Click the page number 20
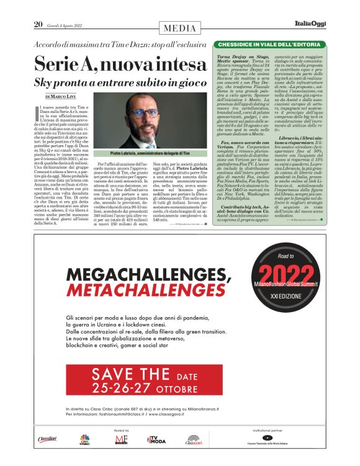[38, 24]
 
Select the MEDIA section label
[180, 28]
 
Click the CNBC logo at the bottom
[84, 441]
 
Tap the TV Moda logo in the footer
[155, 440]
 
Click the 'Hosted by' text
[122, 429]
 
